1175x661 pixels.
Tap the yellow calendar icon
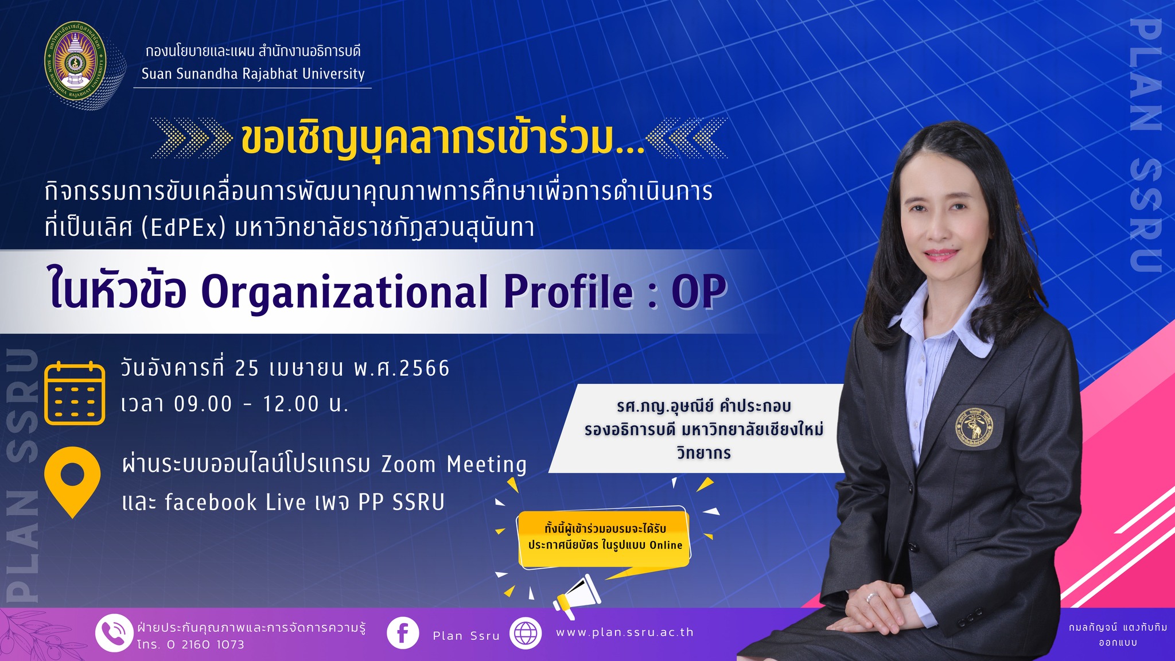tap(75, 393)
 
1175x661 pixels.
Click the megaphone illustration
tap(576, 597)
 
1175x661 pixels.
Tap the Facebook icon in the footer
tap(403, 633)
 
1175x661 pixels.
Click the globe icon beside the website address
tap(526, 633)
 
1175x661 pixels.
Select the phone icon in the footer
tap(114, 633)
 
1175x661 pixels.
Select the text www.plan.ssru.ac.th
tap(625, 632)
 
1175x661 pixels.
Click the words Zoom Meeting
tap(454, 464)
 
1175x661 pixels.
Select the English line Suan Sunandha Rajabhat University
tap(253, 74)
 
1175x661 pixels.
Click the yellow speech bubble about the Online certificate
tap(604, 538)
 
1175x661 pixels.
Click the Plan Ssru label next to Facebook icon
tap(466, 636)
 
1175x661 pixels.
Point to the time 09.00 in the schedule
tap(203, 404)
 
